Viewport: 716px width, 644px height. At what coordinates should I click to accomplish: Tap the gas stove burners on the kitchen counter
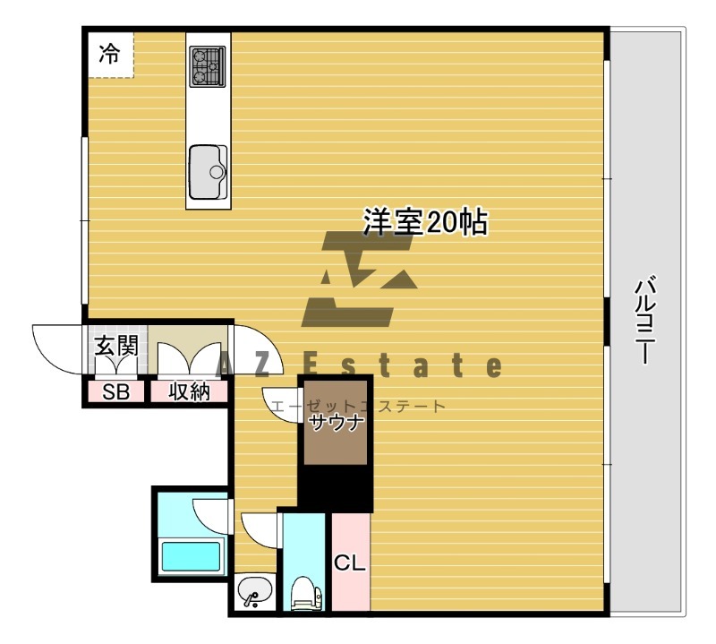click(208, 65)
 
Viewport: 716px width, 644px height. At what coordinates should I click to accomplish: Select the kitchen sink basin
click(208, 170)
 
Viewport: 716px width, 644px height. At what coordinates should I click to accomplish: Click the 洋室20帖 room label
click(424, 221)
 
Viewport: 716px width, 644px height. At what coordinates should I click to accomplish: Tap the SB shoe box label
click(115, 391)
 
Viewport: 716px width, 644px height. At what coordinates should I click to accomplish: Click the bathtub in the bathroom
click(190, 557)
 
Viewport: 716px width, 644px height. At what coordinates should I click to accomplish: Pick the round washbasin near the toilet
click(253, 592)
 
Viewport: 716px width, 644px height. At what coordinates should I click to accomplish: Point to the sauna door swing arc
click(279, 401)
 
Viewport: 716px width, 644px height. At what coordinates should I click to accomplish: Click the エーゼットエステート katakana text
click(358, 407)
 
